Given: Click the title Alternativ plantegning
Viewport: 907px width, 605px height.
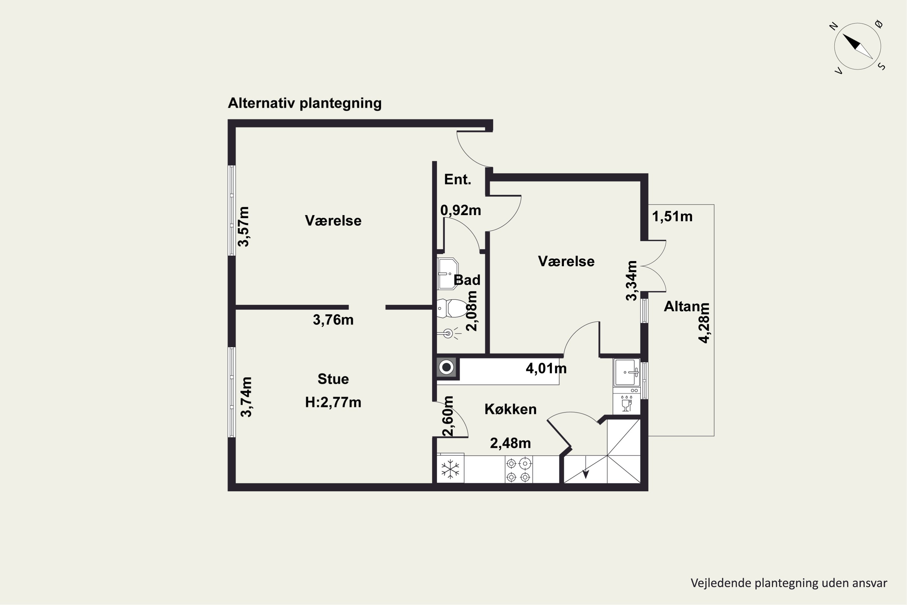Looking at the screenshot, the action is point(305,103).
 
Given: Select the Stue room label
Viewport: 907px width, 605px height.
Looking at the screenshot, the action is point(333,379).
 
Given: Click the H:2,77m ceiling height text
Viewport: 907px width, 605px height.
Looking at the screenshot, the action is point(333,402).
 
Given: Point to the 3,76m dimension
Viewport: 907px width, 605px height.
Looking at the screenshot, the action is point(333,320).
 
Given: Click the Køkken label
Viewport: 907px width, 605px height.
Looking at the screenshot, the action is point(511,409).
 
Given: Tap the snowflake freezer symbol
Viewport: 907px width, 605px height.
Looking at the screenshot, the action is point(450,469).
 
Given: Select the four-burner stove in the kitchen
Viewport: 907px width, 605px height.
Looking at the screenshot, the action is point(519,469).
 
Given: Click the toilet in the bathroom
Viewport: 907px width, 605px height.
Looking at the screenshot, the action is point(452,308).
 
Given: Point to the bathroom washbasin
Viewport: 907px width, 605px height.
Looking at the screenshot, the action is point(447,273).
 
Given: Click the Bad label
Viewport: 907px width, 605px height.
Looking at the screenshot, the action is point(467,280).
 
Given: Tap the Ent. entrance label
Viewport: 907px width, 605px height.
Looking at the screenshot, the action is point(458,179).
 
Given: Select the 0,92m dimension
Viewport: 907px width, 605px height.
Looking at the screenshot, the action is point(461,210).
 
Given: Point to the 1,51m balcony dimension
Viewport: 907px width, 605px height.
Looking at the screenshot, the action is point(672,217).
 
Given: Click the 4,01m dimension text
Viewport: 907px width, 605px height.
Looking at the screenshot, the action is point(546,368).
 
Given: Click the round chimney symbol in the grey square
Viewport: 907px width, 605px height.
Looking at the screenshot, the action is point(447,367).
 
